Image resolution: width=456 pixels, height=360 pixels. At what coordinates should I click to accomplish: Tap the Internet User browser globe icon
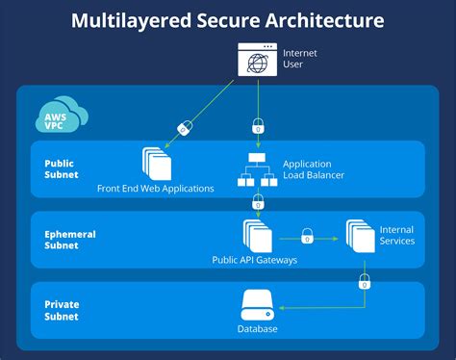pyautogui.click(x=258, y=61)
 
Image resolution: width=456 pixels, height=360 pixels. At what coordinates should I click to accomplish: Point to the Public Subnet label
pyautogui.click(x=62, y=169)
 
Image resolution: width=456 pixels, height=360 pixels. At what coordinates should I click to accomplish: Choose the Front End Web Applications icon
pyautogui.click(x=155, y=165)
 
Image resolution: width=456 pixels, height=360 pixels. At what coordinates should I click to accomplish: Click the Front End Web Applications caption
pyautogui.click(x=156, y=188)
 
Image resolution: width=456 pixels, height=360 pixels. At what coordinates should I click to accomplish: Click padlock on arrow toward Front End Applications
pyautogui.click(x=184, y=127)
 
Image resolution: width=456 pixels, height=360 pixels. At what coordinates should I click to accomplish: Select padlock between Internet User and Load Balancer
pyautogui.click(x=258, y=125)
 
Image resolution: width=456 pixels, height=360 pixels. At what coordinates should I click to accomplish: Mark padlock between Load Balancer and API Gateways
pyautogui.click(x=258, y=203)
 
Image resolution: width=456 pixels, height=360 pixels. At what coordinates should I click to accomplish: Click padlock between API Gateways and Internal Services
pyautogui.click(x=308, y=235)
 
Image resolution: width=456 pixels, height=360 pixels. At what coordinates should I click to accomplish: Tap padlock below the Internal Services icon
pyautogui.click(x=364, y=281)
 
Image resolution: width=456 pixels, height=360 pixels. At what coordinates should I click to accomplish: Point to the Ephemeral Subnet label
pyautogui.click(x=67, y=238)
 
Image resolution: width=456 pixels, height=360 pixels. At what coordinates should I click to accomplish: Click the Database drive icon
pyautogui.click(x=257, y=308)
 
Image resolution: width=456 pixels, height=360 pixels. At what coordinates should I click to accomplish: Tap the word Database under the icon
pyautogui.click(x=257, y=329)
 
